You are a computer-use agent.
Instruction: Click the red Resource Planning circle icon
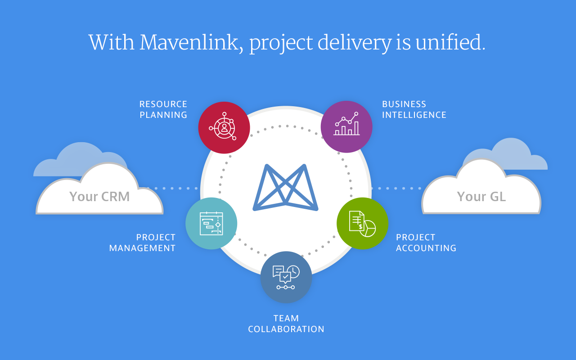click(224, 127)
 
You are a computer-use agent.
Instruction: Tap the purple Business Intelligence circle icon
click(346, 127)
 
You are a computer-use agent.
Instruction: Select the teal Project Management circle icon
click(211, 223)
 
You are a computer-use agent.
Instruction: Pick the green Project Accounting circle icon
click(362, 223)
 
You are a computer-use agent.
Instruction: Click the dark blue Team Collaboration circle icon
click(286, 277)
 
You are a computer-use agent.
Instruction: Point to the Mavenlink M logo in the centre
click(285, 188)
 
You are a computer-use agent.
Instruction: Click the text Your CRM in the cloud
click(99, 197)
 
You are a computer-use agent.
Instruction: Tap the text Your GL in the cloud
click(481, 197)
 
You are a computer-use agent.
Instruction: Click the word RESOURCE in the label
click(163, 104)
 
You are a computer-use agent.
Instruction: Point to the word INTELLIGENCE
click(414, 115)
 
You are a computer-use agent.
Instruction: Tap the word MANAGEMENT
click(142, 248)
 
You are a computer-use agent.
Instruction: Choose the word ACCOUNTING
click(426, 248)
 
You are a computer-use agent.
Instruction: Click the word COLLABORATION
click(286, 329)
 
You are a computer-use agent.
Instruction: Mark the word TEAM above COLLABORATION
click(286, 318)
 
